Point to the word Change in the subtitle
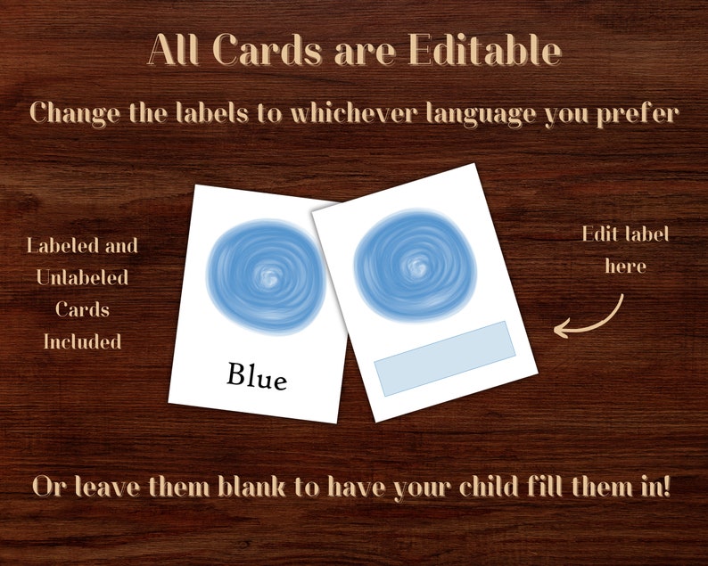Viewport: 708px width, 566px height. [x=77, y=113]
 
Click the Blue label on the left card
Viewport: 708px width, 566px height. [x=257, y=375]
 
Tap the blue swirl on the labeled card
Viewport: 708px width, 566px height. [x=267, y=276]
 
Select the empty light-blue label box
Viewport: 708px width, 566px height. [x=445, y=357]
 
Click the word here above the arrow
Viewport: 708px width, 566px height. [x=625, y=266]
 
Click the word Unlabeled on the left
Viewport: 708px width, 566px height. [x=82, y=277]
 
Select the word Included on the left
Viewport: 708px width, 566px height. [x=82, y=340]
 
